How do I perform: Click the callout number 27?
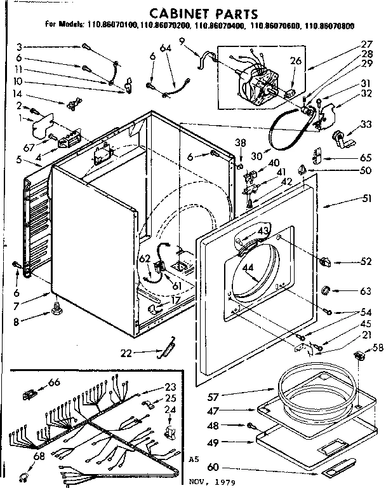(366, 44)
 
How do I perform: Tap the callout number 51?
(366, 200)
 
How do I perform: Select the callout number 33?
(366, 125)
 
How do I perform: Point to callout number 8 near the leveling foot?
(25, 322)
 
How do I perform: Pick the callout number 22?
(144, 353)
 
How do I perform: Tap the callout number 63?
(366, 292)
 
